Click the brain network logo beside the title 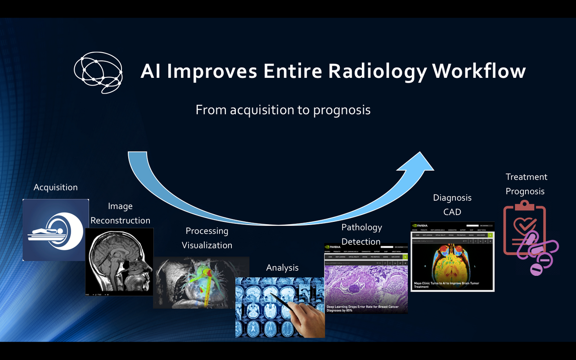[98, 72]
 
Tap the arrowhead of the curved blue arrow [416, 167]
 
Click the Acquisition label [55, 187]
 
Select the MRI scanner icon [55, 230]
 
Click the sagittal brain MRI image [119, 261]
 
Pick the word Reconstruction [120, 220]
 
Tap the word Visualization [207, 245]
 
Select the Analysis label [282, 268]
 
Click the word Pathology [361, 227]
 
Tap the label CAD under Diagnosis [452, 212]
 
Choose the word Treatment [526, 177]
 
